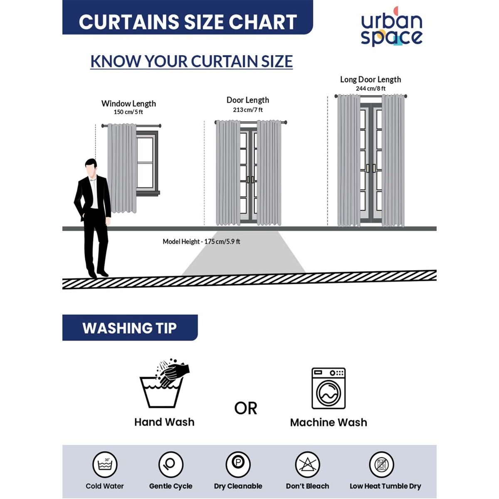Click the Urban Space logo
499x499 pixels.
coord(392,27)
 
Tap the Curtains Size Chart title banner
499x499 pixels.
coord(188,17)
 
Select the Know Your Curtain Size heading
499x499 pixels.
coord(191,62)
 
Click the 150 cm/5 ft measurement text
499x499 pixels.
coord(128,112)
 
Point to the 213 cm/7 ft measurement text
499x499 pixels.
coord(248,110)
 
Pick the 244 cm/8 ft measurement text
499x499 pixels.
coord(371,89)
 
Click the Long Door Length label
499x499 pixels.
coord(371,79)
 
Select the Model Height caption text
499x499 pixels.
coord(201,242)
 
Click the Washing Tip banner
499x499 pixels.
coord(130,328)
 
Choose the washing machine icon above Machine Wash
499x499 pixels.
coord(329,388)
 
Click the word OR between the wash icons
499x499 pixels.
coord(245,408)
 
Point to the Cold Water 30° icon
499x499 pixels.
coord(105,464)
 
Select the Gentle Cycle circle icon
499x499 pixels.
coord(171,464)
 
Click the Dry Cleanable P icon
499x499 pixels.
coord(238,464)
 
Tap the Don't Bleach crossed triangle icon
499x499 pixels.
coord(307,464)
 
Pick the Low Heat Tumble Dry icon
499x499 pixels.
coord(381,464)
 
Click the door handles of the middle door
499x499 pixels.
coord(250,180)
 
